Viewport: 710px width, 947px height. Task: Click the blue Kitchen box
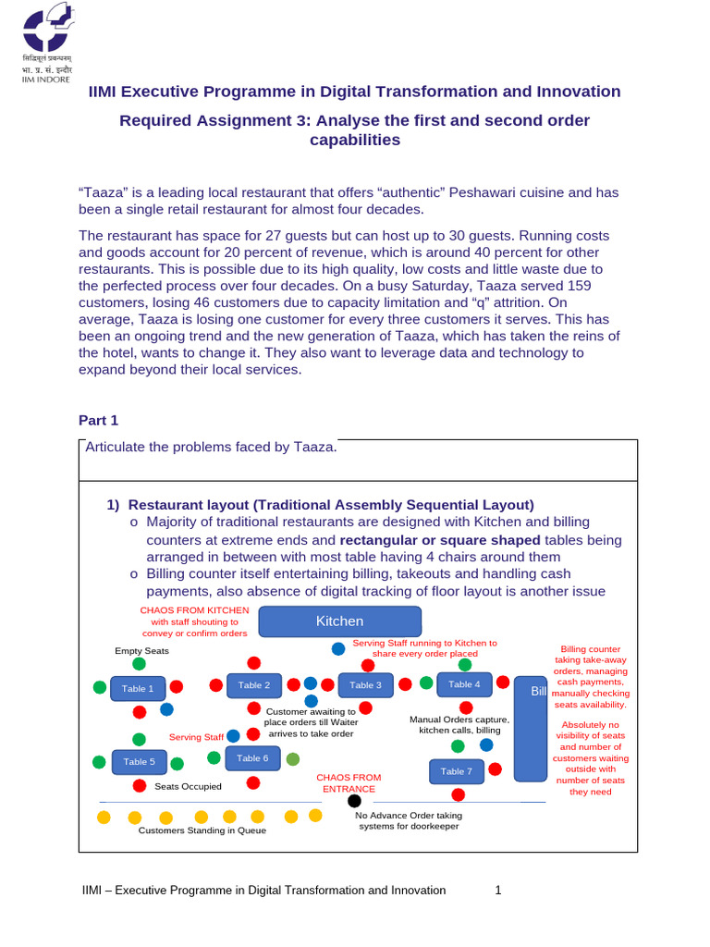(x=339, y=621)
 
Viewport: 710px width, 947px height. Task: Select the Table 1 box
(x=138, y=688)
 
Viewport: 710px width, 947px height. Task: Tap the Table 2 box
(x=253, y=685)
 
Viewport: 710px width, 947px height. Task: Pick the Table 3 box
(x=366, y=685)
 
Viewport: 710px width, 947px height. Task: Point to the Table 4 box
(x=464, y=684)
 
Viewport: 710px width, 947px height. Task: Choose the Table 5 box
(x=139, y=762)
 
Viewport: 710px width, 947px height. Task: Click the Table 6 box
(x=252, y=758)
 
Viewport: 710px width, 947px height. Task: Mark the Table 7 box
(x=456, y=771)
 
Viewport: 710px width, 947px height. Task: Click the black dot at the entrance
(x=354, y=801)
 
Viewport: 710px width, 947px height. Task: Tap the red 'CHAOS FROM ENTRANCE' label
(x=348, y=783)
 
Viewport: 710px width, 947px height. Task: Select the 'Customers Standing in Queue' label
(x=202, y=830)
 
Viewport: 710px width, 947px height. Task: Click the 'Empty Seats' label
(x=141, y=651)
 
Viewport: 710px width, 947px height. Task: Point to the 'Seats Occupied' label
(x=188, y=786)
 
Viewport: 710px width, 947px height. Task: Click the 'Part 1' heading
(x=99, y=420)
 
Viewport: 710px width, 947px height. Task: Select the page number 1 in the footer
(x=498, y=891)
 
